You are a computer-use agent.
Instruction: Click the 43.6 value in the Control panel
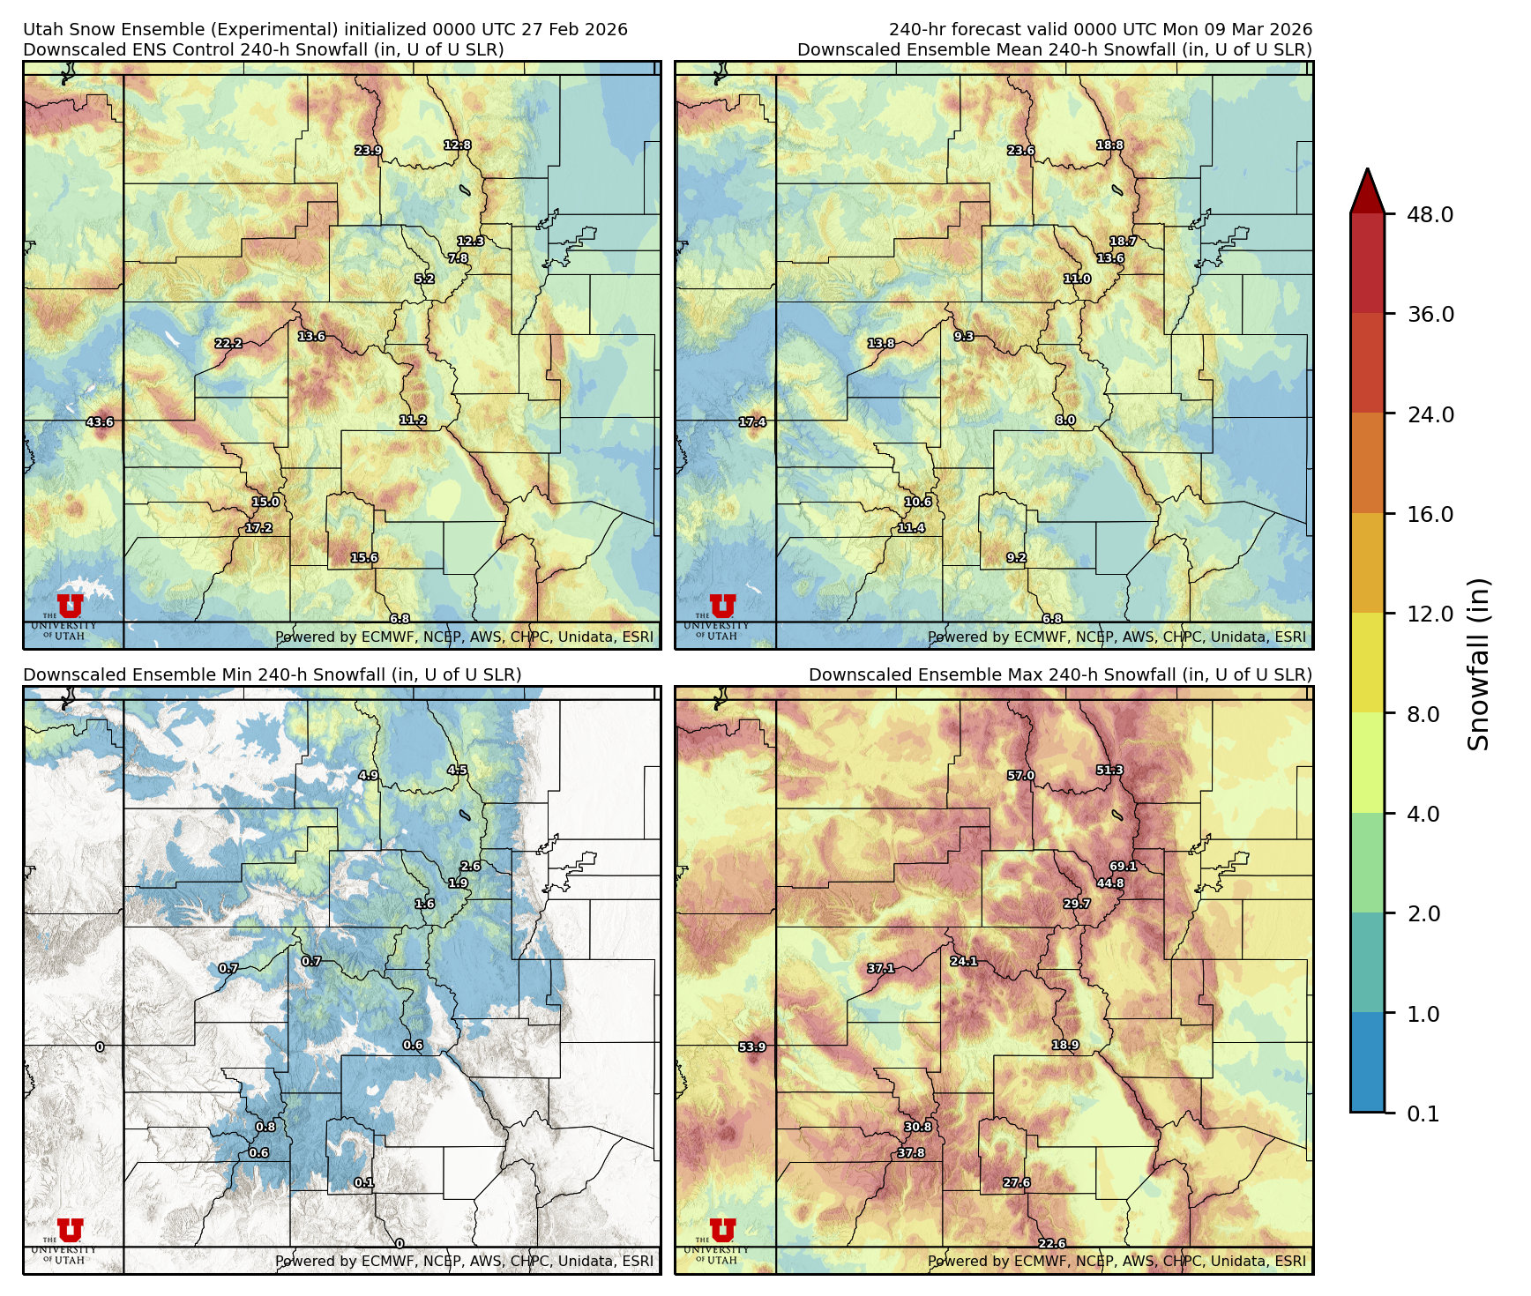pyautogui.click(x=100, y=422)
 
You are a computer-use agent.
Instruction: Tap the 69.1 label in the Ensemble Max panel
pyautogui.click(x=1123, y=867)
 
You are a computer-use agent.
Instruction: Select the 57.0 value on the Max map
pyautogui.click(x=1020, y=776)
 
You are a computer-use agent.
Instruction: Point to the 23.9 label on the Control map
pyautogui.click(x=369, y=151)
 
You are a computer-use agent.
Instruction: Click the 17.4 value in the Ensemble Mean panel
pyautogui.click(x=752, y=422)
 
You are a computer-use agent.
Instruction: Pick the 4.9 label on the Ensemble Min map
pyautogui.click(x=368, y=776)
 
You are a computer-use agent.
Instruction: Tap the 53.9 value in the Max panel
pyautogui.click(x=752, y=1047)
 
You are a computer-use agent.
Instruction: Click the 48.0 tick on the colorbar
pyautogui.click(x=1430, y=214)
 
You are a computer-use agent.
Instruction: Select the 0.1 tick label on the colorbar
pyautogui.click(x=1423, y=1114)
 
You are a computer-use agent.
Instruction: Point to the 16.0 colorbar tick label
pyautogui.click(x=1430, y=514)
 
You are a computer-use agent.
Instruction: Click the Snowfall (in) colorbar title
pyautogui.click(x=1479, y=663)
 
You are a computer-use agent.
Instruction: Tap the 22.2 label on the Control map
pyautogui.click(x=228, y=344)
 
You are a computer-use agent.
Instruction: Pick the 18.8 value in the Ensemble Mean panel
pyautogui.click(x=1109, y=145)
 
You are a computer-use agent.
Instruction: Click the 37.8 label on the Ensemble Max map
pyautogui.click(x=911, y=1153)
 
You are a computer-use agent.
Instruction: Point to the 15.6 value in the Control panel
pyautogui.click(x=364, y=558)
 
